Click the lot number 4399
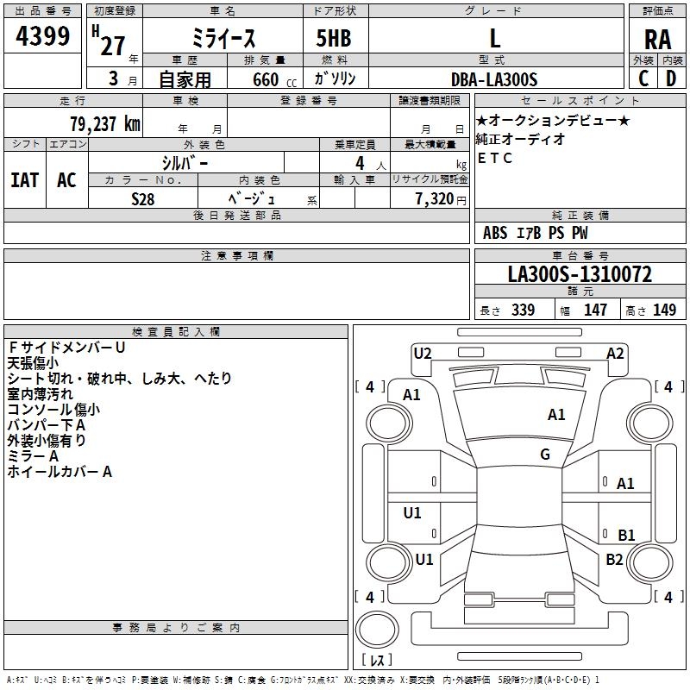(x=43, y=37)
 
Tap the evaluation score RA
(x=657, y=40)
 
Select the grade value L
(x=494, y=38)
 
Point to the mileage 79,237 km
(x=104, y=124)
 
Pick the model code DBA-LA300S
(x=494, y=79)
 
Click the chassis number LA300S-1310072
(x=580, y=275)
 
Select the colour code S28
(x=143, y=198)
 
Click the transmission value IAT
(x=24, y=180)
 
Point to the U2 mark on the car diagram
(x=423, y=352)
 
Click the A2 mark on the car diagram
(x=615, y=353)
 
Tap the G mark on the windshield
(x=545, y=455)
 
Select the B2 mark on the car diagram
(x=614, y=559)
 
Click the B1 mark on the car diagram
(x=626, y=535)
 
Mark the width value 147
(x=595, y=310)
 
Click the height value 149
(x=664, y=310)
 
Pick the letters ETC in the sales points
(x=495, y=158)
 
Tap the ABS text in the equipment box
(x=495, y=233)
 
